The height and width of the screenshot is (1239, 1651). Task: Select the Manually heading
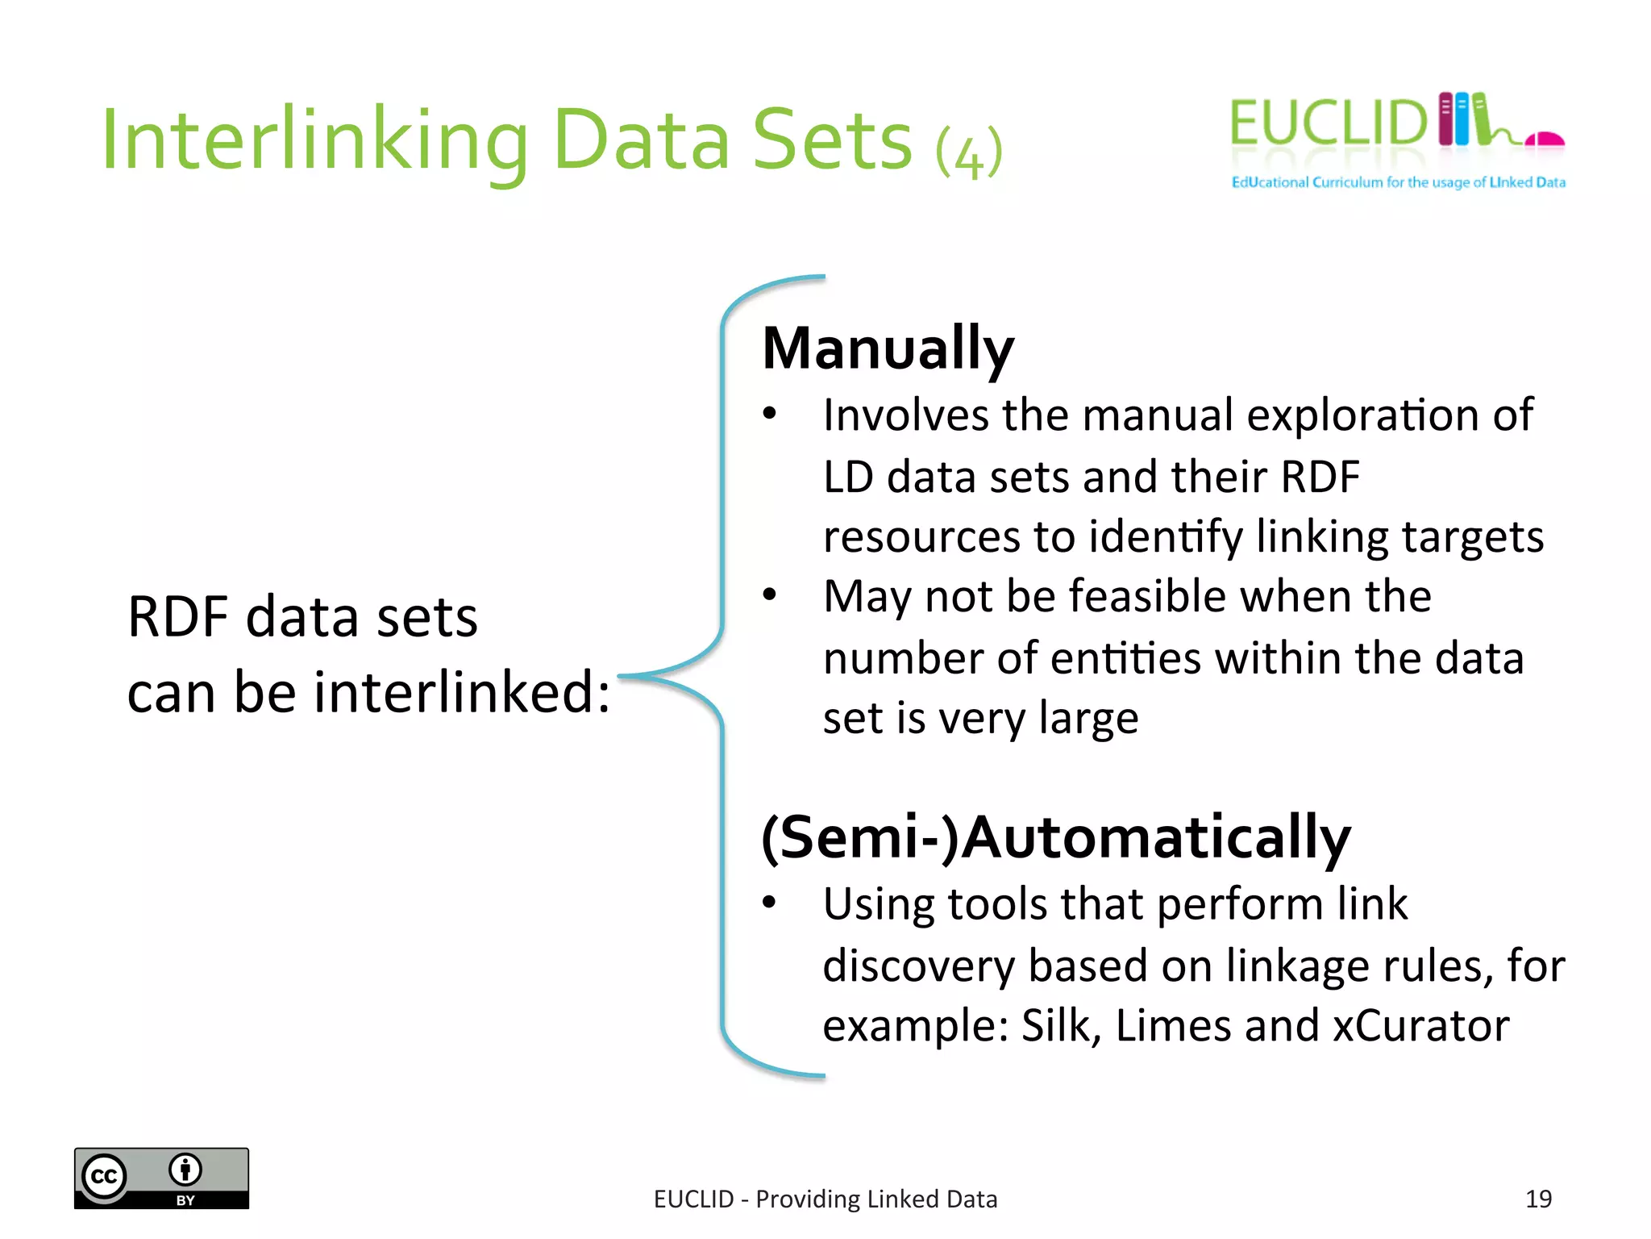pos(888,348)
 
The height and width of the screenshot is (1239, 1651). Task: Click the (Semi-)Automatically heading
pos(1055,838)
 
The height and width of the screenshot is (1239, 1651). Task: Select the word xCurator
pos(1420,1026)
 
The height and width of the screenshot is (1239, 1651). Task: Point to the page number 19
pos(1538,1199)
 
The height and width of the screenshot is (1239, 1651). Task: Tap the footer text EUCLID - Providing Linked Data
pos(825,1199)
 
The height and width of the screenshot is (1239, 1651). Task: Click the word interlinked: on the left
pos(462,692)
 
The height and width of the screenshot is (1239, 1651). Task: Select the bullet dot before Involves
pos(770,414)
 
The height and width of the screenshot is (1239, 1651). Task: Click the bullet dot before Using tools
pos(770,903)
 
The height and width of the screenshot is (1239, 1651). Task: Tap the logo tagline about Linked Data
pos(1398,182)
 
